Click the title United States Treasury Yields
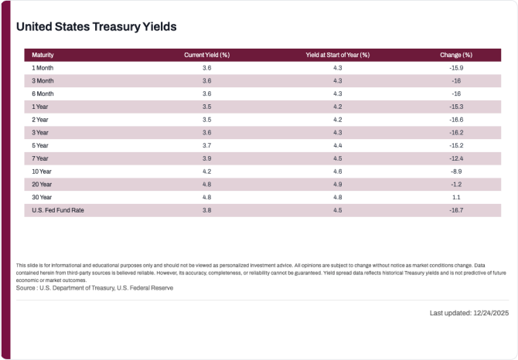pos(97,27)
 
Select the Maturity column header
pos(43,55)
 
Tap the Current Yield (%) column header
pos(206,55)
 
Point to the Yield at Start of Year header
pos(338,55)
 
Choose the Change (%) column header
pos(456,55)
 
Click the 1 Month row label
pos(43,68)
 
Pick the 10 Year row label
pos(42,172)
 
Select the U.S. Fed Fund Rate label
pos(58,210)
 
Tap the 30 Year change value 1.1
pos(456,197)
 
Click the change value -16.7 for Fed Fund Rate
pos(456,210)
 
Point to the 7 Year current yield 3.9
pos(206,158)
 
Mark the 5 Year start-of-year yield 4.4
pos(338,145)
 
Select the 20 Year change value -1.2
pos(456,185)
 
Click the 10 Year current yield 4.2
pos(206,172)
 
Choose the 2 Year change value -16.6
pos(456,120)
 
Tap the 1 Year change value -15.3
pos(456,107)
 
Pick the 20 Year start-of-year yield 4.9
pos(338,185)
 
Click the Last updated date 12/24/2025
pos(491,313)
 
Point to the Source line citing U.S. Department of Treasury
pos(94,288)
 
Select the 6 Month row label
pos(43,94)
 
